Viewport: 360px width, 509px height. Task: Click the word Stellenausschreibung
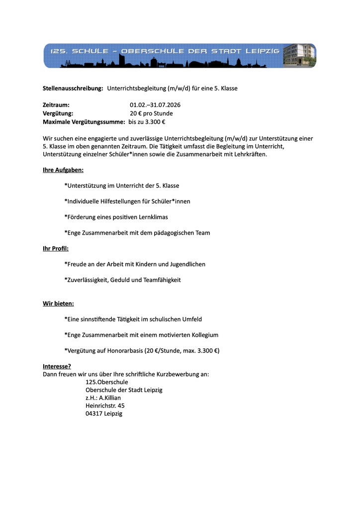coord(73,88)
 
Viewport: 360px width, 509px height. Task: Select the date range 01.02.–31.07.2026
coord(155,105)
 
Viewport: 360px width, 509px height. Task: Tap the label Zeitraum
coord(56,105)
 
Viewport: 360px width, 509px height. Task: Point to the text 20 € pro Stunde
coord(151,113)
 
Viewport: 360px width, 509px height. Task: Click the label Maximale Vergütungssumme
coord(84,122)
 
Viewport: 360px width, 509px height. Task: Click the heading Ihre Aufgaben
coord(63,170)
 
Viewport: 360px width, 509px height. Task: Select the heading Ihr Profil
coord(56,249)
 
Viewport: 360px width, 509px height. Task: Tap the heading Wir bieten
coord(58,303)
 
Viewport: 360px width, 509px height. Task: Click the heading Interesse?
coord(57,366)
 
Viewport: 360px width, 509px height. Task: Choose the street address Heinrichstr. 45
coord(105,406)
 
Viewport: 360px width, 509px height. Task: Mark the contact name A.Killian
coord(110,398)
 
